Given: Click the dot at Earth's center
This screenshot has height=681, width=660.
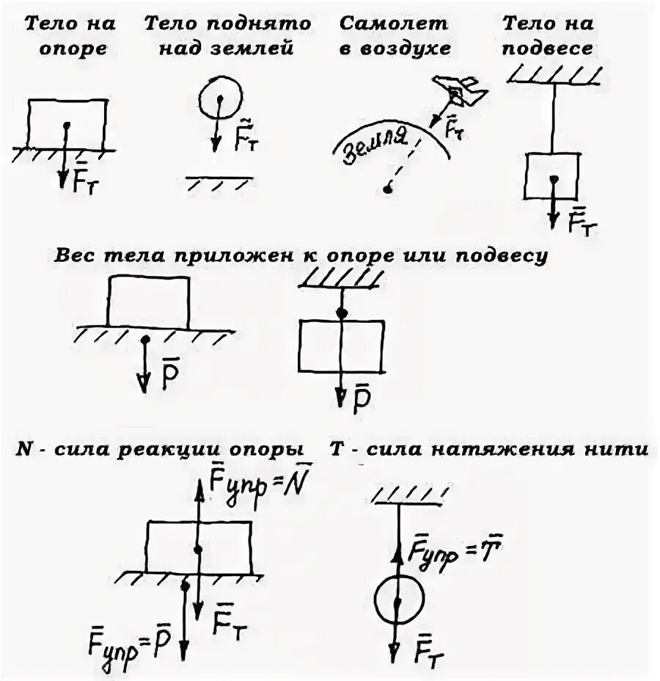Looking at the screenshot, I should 388,190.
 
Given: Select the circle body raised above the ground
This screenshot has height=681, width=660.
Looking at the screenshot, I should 220,98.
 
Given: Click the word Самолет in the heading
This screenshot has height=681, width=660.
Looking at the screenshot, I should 392,23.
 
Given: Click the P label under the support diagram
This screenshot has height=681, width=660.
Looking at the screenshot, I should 170,371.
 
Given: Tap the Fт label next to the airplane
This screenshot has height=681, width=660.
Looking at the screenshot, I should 455,128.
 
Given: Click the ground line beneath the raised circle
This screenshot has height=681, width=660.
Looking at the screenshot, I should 219,178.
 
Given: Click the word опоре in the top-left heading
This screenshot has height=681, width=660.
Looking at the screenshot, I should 73,49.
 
